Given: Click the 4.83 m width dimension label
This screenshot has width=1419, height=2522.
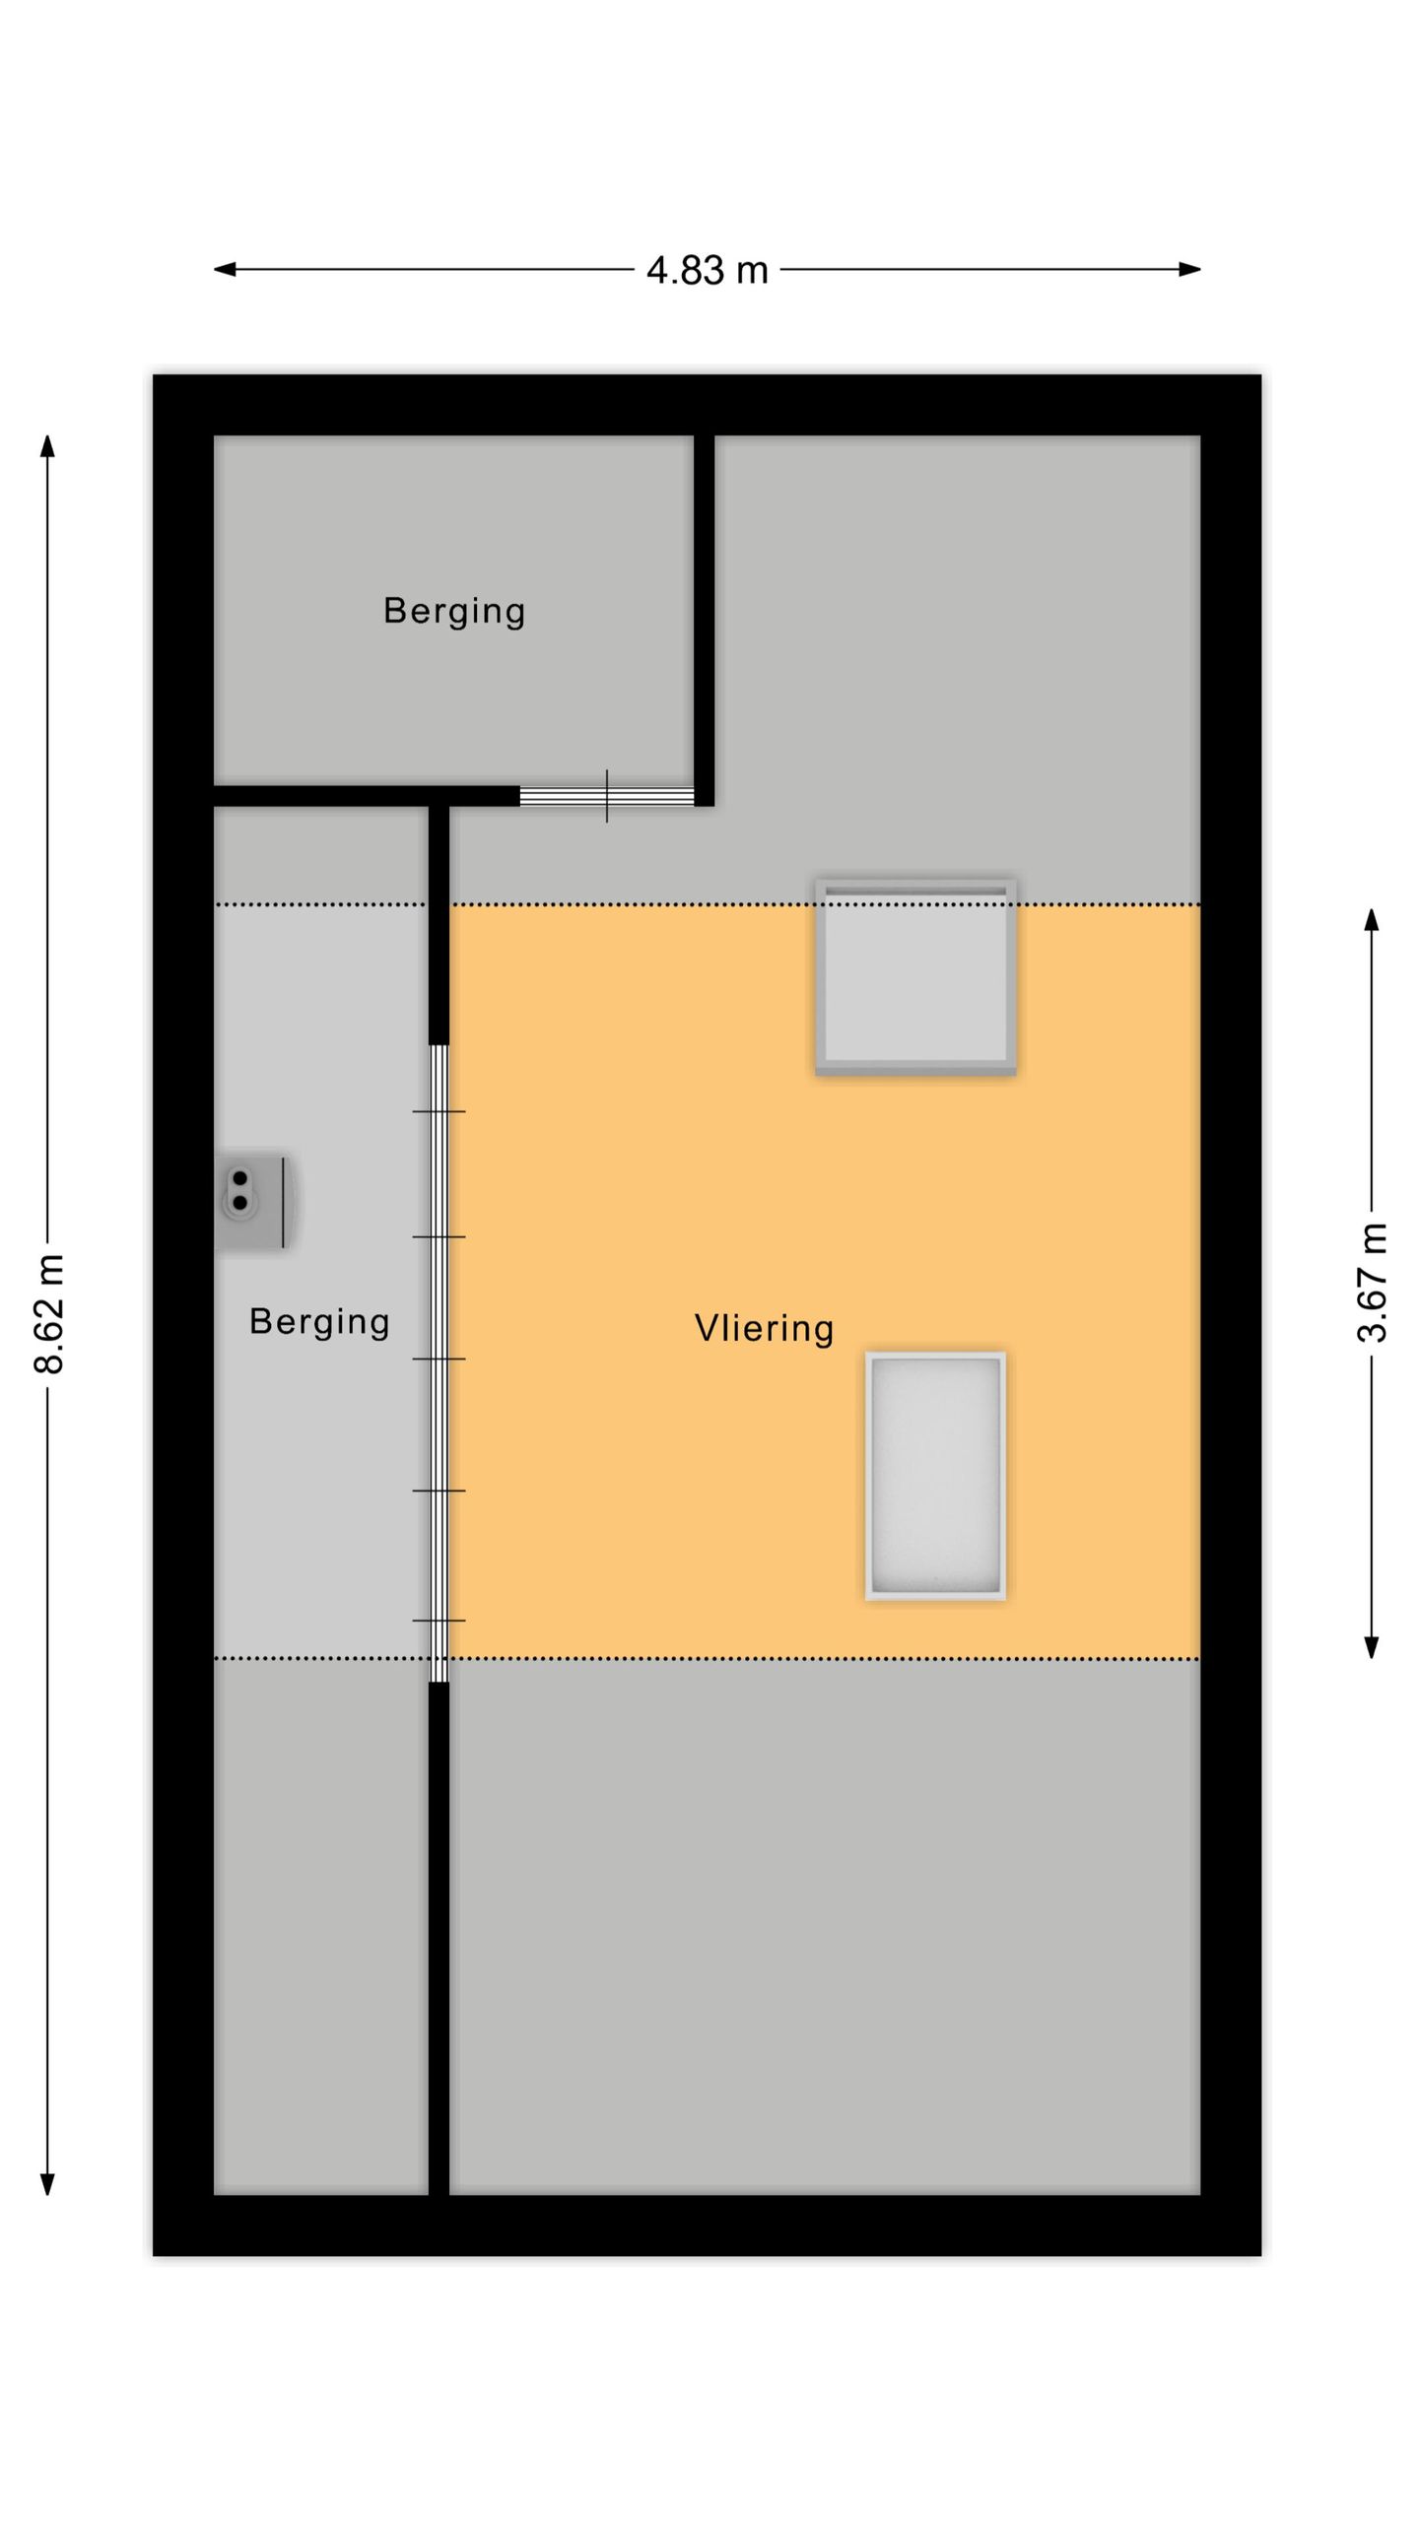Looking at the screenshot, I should click(707, 270).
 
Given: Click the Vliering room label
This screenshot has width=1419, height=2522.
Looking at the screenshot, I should click(764, 1328).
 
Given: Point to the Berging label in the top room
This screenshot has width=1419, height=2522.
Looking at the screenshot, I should click(453, 611).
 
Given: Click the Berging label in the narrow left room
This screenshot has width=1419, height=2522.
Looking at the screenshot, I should click(319, 1321).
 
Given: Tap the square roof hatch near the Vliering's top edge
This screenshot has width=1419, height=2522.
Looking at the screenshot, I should click(915, 975).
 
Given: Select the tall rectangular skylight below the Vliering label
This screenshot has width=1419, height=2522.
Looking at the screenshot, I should click(935, 1475).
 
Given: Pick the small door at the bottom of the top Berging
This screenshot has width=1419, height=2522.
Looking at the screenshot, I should click(607, 796).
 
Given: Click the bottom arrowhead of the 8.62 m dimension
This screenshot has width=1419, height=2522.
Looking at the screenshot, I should click(47, 2184).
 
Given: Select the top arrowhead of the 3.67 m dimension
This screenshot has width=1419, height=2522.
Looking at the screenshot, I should click(1371, 919).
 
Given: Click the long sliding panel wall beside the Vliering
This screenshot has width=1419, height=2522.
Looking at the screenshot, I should click(439, 1362).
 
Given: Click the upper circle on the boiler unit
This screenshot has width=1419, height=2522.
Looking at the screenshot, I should click(239, 1178).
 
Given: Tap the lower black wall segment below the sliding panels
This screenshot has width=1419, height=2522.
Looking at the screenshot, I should click(439, 1936).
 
